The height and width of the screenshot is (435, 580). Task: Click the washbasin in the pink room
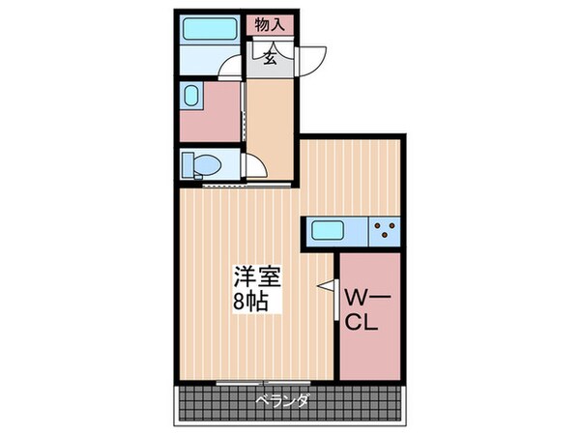click(x=191, y=98)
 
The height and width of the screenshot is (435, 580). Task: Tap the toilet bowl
click(x=206, y=165)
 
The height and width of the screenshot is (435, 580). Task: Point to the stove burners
click(x=386, y=231)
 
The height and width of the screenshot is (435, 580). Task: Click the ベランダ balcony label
click(x=282, y=400)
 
